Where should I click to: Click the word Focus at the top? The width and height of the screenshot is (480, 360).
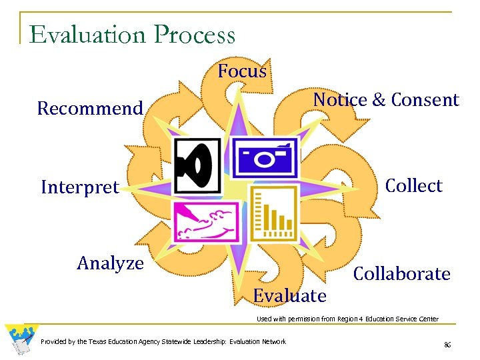(x=242, y=71)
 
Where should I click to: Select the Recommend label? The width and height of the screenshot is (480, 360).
(x=90, y=108)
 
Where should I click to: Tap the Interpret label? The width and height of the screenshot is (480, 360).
(x=79, y=187)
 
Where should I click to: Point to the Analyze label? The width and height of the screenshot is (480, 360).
(x=110, y=263)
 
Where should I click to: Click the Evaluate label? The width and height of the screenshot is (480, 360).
(x=290, y=295)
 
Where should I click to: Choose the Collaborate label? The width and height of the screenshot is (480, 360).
(x=401, y=274)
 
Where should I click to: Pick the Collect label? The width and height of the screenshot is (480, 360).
(x=413, y=185)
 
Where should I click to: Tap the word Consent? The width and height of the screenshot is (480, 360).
(x=425, y=100)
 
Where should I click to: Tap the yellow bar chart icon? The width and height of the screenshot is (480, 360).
(x=273, y=213)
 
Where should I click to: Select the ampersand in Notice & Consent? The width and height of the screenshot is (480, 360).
(x=379, y=100)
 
